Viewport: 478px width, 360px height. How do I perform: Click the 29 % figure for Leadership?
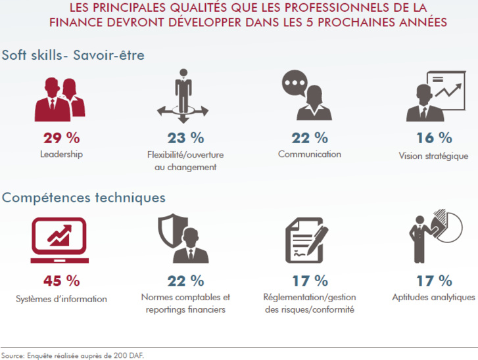tap(62, 138)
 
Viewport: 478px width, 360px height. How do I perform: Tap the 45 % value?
tap(62, 281)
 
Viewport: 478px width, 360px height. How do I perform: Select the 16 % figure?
tap(434, 138)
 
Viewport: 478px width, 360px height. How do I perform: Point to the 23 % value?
tap(186, 138)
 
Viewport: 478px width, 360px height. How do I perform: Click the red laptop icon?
tap(59, 240)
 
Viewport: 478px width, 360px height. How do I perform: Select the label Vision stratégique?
tap(433, 156)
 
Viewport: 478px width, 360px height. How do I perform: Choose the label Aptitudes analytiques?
tap(434, 298)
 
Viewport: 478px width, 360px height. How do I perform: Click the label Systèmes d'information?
tap(61, 299)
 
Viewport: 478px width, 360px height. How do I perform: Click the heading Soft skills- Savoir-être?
tap(73, 55)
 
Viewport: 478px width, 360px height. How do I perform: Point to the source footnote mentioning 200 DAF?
tap(72, 355)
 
